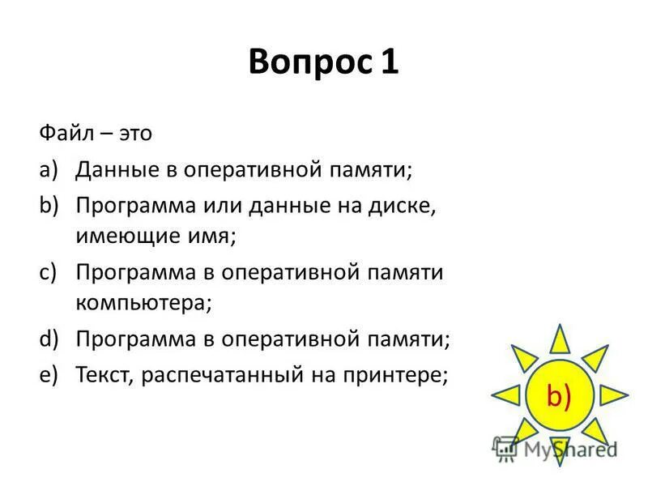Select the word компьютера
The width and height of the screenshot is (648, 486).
(x=143, y=304)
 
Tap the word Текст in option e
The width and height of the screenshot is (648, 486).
(x=104, y=373)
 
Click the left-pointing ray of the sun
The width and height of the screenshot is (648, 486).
(x=505, y=395)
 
